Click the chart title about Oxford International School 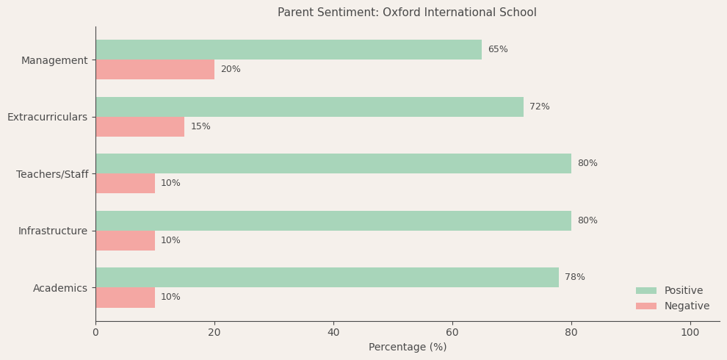[407, 12]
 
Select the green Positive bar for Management [289, 50]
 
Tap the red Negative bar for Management [155, 70]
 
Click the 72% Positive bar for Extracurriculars [309, 107]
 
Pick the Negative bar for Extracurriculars [140, 127]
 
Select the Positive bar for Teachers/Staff [333, 164]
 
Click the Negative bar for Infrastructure [125, 241]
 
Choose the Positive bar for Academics [327, 278]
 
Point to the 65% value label [498, 50]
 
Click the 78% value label [575, 278]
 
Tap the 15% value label [200, 127]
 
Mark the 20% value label [231, 70]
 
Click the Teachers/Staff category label [52, 174]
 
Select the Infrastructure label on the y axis [53, 231]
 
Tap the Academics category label [60, 288]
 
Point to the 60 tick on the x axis [452, 333]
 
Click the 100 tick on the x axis [690, 333]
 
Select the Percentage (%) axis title [408, 348]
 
